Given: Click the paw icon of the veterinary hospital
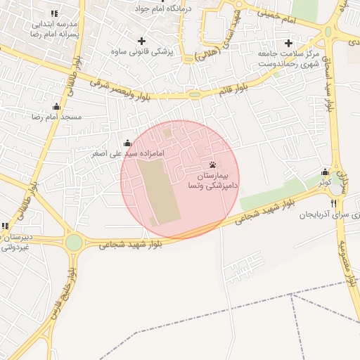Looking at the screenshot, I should (x=213, y=165).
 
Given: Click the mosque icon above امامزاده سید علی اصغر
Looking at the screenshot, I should (x=127, y=143).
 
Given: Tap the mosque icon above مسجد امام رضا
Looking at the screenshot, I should (x=57, y=106).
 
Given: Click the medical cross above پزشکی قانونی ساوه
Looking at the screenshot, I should (x=143, y=41).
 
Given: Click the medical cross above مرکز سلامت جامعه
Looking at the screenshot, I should (x=288, y=43).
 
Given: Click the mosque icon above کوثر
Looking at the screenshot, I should (x=325, y=172).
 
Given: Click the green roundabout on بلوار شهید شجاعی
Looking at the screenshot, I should (x=74, y=242).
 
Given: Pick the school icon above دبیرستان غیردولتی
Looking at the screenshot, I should (x=6, y=226).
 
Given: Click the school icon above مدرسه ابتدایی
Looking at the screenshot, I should (x=55, y=13).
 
